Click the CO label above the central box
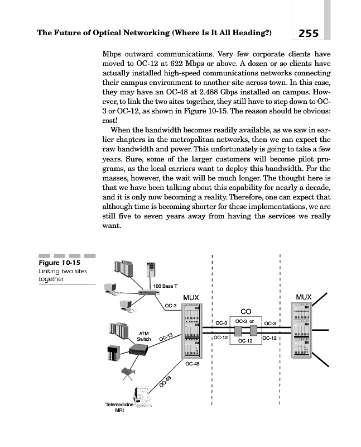[246, 311]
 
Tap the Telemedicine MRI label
[119, 407]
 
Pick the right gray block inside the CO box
[253, 330]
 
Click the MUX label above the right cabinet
[304, 297]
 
